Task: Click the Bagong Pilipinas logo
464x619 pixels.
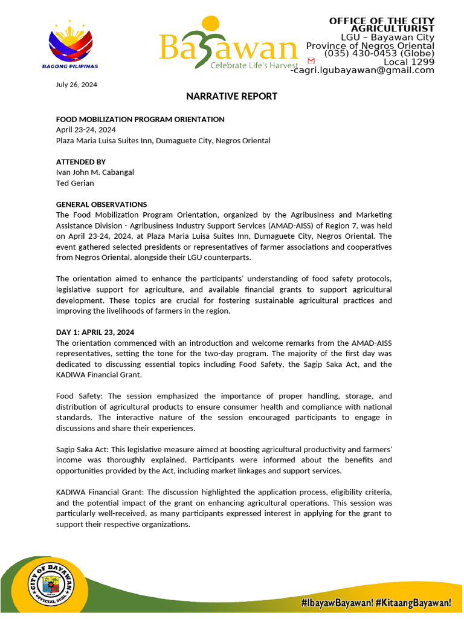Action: (71, 43)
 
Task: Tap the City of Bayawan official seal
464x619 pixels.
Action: (51, 586)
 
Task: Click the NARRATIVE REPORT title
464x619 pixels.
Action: (231, 96)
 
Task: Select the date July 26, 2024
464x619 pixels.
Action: (76, 85)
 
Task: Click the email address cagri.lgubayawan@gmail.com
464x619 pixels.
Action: (364, 70)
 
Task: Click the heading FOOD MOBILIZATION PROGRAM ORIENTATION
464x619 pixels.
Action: (140, 120)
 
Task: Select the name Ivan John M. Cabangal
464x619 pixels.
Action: (95, 172)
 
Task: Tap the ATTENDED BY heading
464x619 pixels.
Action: (81, 162)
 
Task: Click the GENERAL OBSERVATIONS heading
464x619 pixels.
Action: (101, 204)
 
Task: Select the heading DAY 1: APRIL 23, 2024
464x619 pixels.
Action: (95, 332)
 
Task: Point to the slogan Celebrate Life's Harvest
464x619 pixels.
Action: (254, 65)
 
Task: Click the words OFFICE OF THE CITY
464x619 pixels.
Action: (381, 21)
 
